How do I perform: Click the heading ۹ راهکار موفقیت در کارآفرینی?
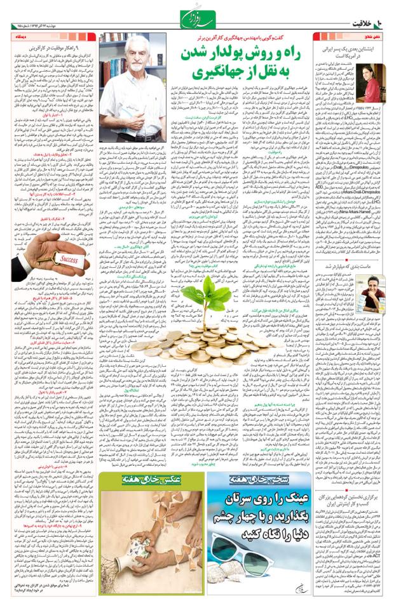pos(50,48)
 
